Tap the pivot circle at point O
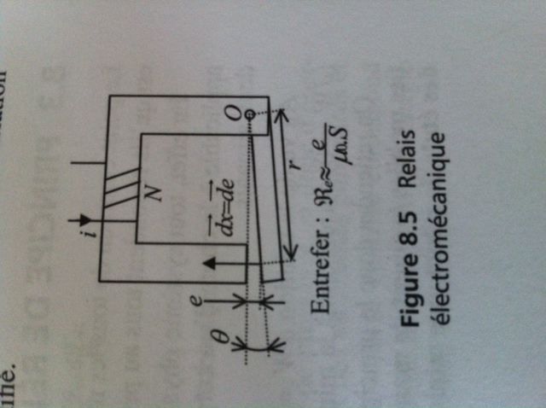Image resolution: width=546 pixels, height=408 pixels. pos(249,115)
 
